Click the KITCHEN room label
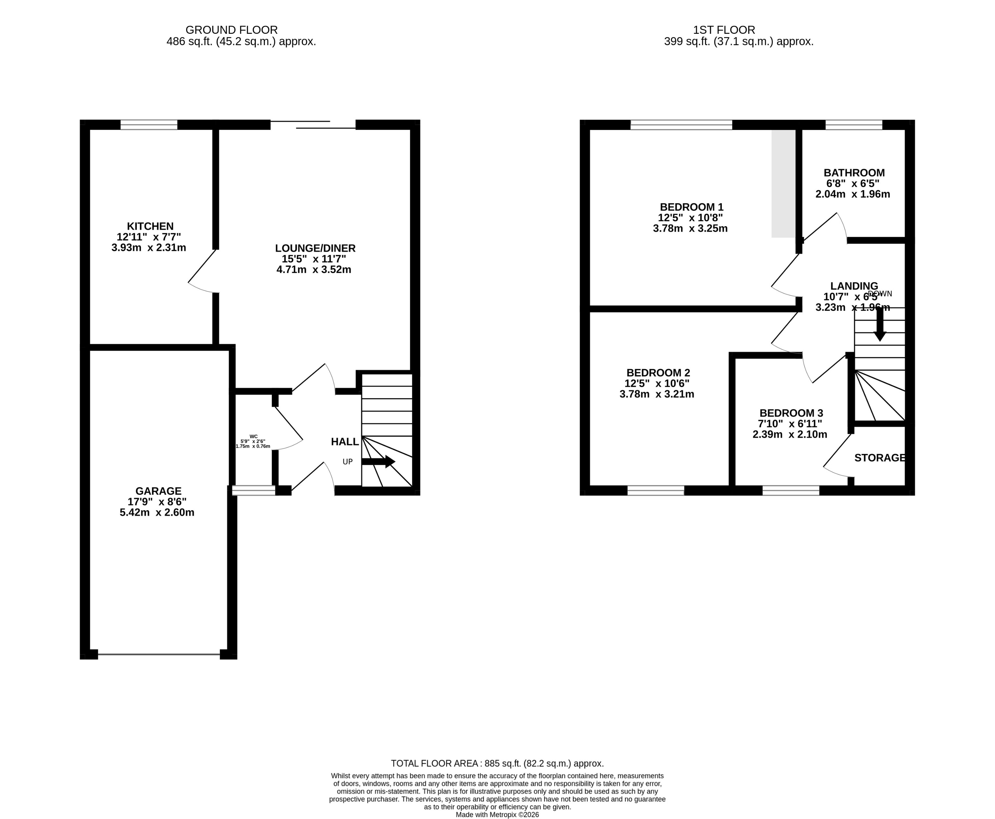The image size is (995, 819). coord(150,226)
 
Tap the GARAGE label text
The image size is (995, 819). coord(158,491)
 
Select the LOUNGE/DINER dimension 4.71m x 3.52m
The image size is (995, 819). coord(313,270)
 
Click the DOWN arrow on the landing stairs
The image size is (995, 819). coord(879,326)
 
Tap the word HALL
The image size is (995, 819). coord(345,442)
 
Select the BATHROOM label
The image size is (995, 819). coord(854,173)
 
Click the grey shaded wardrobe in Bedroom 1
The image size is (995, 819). coord(783,184)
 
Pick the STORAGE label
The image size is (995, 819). coord(879,458)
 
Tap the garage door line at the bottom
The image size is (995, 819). coord(159,654)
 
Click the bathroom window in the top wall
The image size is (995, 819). coord(854,124)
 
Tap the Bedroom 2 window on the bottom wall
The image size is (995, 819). coord(656,491)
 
